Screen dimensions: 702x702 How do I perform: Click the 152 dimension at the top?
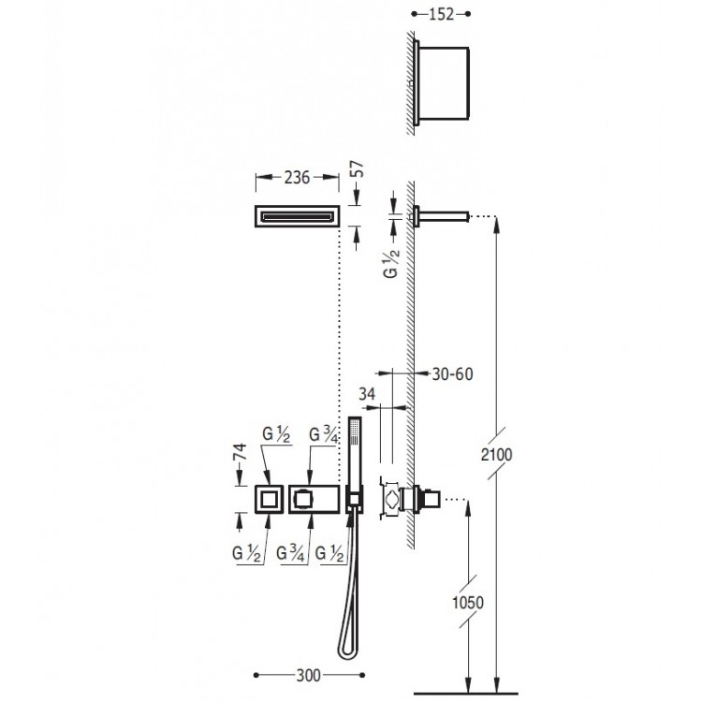[442, 14]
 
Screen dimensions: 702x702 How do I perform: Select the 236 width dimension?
[297, 178]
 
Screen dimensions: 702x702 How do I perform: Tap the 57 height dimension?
[359, 169]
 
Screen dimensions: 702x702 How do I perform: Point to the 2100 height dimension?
[496, 454]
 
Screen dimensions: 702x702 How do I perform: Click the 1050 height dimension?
[468, 603]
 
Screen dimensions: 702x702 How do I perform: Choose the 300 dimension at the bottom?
[309, 675]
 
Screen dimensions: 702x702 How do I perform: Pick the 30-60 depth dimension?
[452, 373]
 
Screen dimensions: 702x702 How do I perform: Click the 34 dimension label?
[367, 394]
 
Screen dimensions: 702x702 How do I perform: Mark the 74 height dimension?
[241, 452]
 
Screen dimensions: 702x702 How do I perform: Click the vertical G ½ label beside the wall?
[391, 263]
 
